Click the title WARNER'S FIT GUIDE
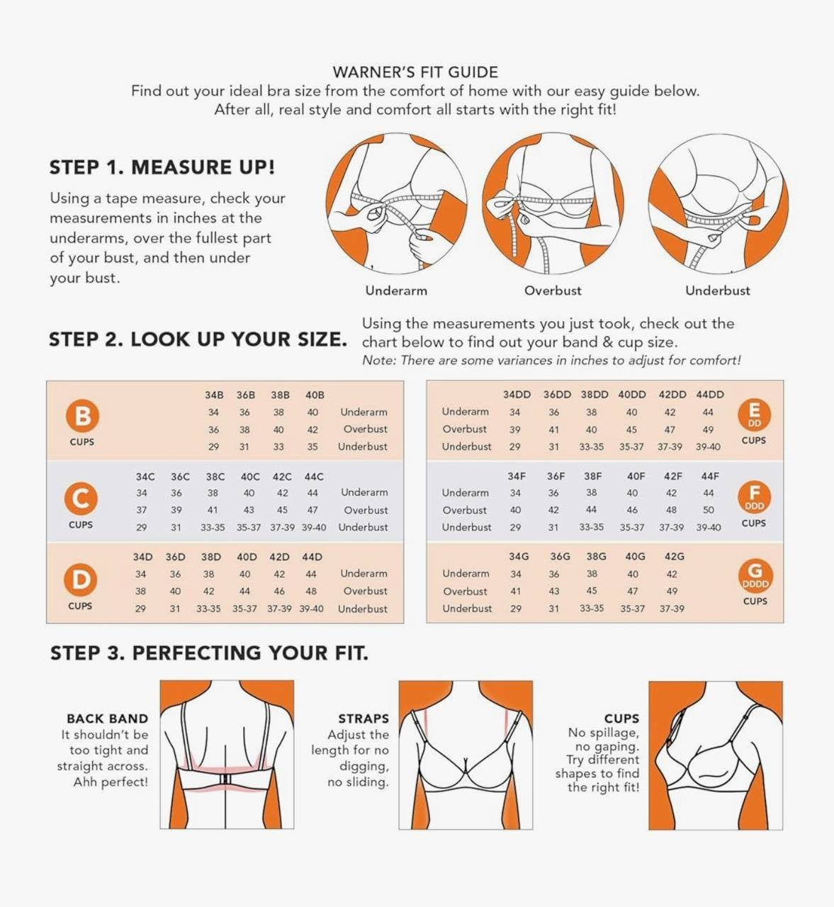415,72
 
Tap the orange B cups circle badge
82,416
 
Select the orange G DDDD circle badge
755,575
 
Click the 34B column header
214,395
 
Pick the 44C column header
314,477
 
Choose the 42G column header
675,556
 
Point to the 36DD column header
557,394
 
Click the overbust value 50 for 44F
709,510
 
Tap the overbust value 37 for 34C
142,510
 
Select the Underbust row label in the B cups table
363,446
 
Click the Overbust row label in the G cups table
465,592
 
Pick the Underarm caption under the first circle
396,291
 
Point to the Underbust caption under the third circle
718,291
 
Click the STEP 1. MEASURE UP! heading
162,167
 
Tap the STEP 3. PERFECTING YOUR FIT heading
209,653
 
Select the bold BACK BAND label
107,719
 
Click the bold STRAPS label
364,719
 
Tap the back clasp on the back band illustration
225,779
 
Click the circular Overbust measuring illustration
553,203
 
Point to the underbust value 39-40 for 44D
311,609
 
